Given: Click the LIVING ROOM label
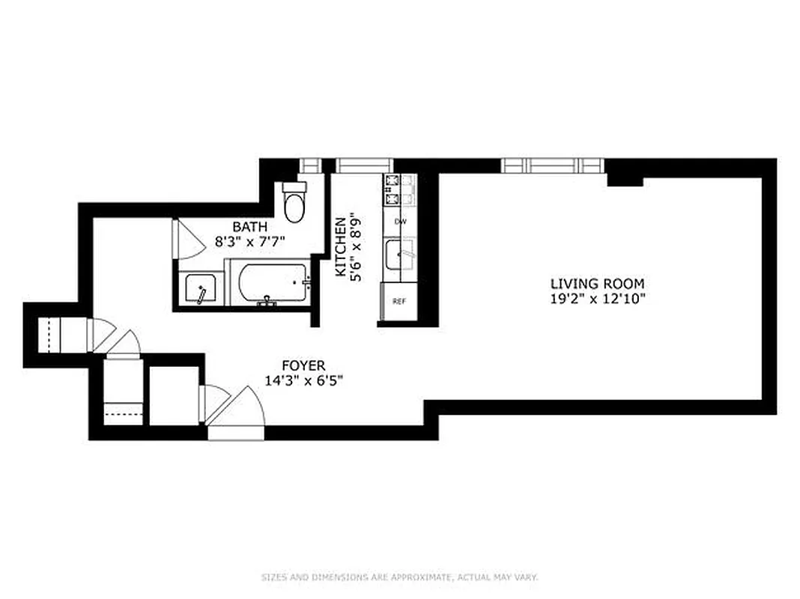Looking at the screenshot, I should point(597,284).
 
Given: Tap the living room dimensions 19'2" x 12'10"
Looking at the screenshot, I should point(597,298).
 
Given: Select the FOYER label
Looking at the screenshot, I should point(303,365).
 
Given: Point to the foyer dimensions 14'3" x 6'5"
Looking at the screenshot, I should point(303,380).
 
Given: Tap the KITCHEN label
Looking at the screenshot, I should point(341,247).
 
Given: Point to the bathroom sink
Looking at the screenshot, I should point(200,289).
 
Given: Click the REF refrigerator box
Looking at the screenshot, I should point(399,302).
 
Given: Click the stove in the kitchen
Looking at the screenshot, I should point(399,192).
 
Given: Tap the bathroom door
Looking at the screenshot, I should point(182,240).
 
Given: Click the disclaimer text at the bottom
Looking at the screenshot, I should point(400,577).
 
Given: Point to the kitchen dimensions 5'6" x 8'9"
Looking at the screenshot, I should point(357,247).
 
